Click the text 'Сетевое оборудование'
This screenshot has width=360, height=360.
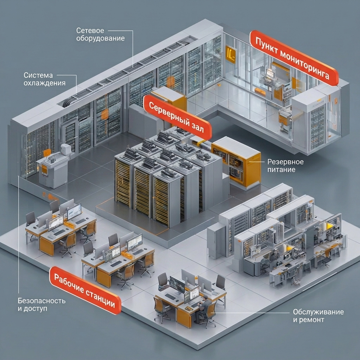[101, 34]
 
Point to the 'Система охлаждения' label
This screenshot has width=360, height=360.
[44, 79]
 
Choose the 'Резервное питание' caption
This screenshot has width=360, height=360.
[285, 166]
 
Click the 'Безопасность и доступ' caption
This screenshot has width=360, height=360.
[41, 305]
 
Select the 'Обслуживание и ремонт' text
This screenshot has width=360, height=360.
[318, 316]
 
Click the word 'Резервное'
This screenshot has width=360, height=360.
[285, 162]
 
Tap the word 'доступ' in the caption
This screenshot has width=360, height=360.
[36, 309]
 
